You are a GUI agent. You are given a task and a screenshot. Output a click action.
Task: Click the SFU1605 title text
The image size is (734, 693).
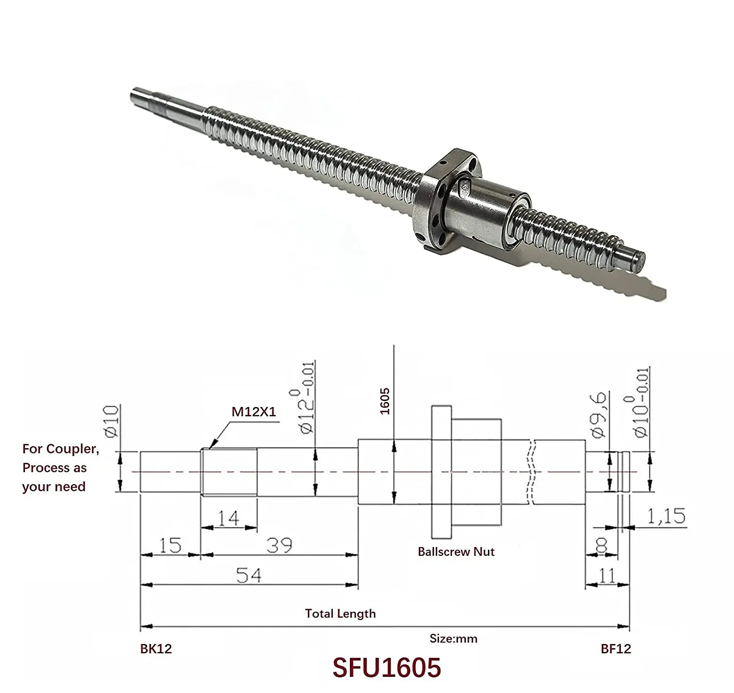pyautogui.click(x=387, y=668)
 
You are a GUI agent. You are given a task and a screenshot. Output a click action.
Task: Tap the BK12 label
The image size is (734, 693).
pyautogui.click(x=156, y=649)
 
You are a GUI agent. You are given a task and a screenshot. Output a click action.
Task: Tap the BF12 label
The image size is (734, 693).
pyautogui.click(x=616, y=649)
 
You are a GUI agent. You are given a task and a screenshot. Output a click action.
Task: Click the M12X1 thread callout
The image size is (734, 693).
pyautogui.click(x=253, y=411)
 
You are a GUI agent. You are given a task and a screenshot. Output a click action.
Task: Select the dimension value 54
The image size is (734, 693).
pyautogui.click(x=249, y=575)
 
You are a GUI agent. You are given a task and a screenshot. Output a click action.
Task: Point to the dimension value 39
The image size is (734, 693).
pyautogui.click(x=279, y=545)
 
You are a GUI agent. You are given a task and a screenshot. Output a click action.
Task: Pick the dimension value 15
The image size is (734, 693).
pyautogui.click(x=170, y=545)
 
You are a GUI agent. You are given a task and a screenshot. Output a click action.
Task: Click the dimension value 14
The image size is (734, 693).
pyautogui.click(x=228, y=518)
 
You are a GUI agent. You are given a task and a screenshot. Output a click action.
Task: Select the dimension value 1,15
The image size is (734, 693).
pyautogui.click(x=666, y=516)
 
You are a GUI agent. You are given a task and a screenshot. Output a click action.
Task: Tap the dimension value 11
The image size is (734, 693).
pyautogui.click(x=607, y=575)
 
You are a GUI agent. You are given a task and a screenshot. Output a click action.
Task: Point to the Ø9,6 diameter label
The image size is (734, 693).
pyautogui.click(x=599, y=414)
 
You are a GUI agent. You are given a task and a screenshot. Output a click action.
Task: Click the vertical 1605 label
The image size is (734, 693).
pyautogui.click(x=385, y=401)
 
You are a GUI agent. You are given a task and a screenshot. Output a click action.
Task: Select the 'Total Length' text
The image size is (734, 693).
pyautogui.click(x=340, y=614)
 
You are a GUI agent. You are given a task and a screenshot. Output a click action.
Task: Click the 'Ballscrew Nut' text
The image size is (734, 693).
pyautogui.click(x=456, y=552)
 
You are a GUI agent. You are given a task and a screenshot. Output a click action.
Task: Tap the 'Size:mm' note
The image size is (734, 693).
pyautogui.click(x=453, y=639)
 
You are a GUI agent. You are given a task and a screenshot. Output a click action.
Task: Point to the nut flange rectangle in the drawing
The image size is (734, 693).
pyautogui.click(x=441, y=472)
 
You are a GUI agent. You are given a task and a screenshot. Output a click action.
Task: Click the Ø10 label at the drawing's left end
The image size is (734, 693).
pyautogui.click(x=112, y=421)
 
